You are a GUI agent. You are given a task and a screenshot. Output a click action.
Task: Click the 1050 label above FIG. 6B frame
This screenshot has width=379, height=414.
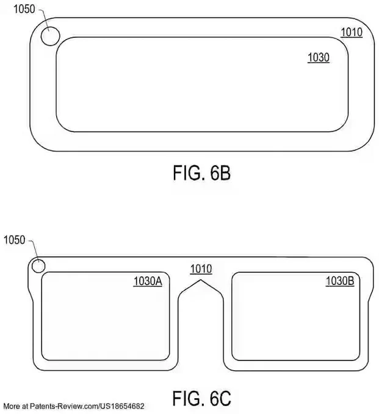pyautogui.click(x=24, y=9)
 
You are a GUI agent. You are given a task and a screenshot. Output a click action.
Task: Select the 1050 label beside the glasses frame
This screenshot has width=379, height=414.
pyautogui.click(x=14, y=240)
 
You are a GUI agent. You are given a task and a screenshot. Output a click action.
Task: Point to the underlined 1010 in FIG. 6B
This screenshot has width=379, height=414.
pyautogui.click(x=352, y=32)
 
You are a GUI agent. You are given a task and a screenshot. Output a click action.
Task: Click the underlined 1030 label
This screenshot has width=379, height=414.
pyautogui.click(x=319, y=58)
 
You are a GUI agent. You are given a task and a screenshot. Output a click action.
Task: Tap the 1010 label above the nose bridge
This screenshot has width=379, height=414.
pyautogui.click(x=201, y=268)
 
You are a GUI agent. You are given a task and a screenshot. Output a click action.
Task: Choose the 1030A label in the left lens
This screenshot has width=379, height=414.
pyautogui.click(x=148, y=281)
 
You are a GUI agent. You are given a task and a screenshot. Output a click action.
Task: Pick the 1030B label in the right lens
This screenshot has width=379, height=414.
pyautogui.click(x=340, y=281)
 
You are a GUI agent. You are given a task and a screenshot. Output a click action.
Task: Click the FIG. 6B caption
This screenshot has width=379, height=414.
pyautogui.click(x=201, y=173)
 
